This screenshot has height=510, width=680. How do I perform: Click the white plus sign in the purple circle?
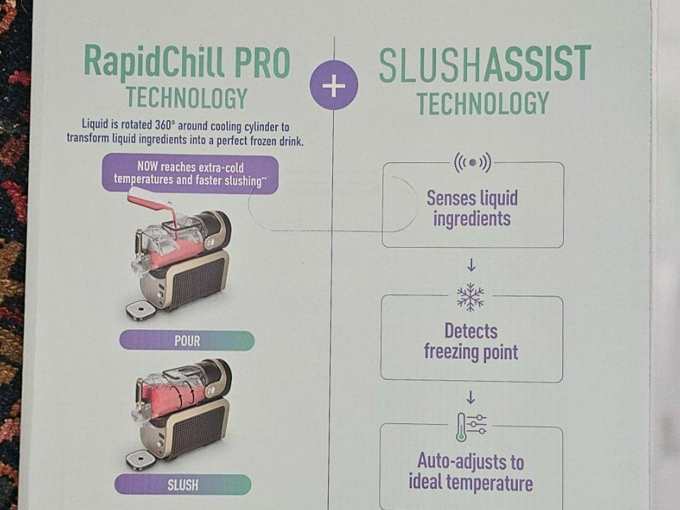334,86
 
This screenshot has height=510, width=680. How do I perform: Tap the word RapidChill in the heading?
154,61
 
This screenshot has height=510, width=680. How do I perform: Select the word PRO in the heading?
262,63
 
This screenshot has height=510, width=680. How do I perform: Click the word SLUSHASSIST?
485,64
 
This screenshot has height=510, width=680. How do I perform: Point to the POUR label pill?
187,341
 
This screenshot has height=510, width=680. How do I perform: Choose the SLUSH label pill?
183,485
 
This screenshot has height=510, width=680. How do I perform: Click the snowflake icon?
470,297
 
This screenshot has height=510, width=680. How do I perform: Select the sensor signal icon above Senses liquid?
473,162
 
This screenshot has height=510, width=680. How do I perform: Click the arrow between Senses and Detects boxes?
471,265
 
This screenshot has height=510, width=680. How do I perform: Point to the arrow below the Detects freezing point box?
470,398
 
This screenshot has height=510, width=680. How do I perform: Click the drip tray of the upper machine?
140,310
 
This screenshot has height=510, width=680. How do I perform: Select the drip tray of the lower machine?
140,460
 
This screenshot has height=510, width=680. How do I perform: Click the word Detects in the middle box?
471,332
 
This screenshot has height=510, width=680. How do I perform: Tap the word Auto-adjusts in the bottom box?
470,461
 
